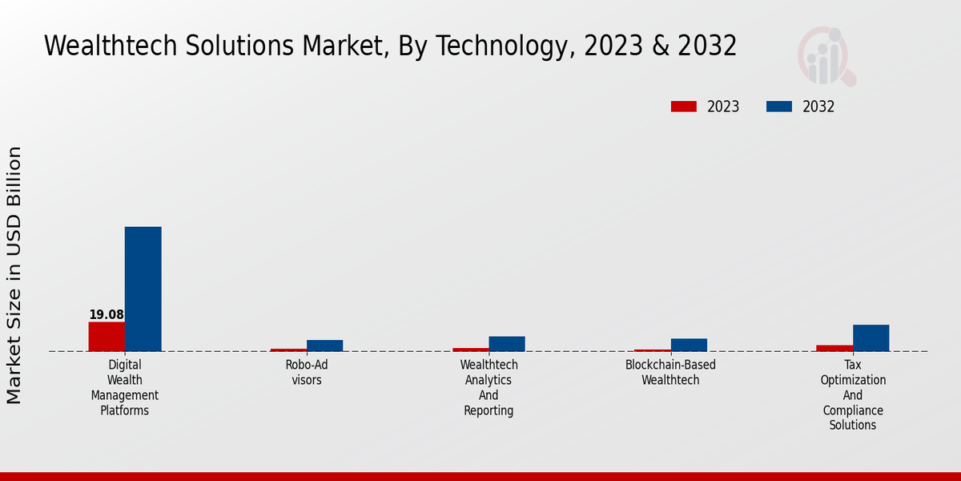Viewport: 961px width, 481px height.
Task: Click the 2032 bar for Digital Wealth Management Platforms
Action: tap(143, 289)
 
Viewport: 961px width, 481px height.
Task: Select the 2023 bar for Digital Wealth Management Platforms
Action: tap(107, 337)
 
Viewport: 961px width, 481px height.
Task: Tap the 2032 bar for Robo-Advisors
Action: tap(324, 346)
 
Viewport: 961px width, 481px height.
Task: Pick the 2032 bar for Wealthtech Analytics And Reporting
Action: tap(507, 344)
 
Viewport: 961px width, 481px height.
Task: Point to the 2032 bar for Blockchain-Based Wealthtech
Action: tap(689, 345)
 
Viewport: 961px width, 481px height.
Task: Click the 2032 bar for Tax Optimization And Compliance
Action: tap(871, 338)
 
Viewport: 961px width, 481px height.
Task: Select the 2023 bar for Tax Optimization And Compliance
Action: tap(834, 348)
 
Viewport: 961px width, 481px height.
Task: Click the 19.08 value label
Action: tap(107, 315)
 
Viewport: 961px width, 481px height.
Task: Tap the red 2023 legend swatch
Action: tap(684, 107)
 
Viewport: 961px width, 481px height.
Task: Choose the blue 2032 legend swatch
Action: tap(779, 107)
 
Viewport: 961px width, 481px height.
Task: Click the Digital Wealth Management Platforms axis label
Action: tap(124, 387)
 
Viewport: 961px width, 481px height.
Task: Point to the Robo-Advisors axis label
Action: tap(307, 372)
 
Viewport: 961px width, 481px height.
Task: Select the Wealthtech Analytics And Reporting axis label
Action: tap(489, 387)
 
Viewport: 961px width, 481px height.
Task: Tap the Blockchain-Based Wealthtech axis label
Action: tap(671, 372)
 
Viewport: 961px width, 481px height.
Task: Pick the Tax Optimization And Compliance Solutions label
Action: tap(853, 394)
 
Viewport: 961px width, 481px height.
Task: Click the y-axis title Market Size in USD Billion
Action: tap(14, 275)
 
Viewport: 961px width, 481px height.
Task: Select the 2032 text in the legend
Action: tap(818, 107)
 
